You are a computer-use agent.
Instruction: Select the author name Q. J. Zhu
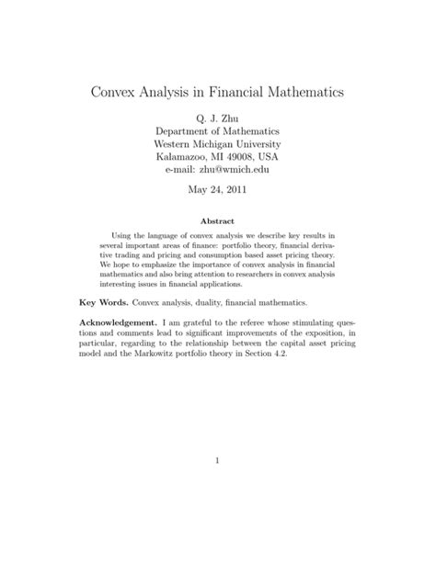click(217, 119)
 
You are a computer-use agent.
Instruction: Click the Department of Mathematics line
click(217, 132)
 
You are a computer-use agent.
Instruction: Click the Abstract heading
click(217, 221)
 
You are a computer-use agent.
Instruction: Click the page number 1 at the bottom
click(217, 488)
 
